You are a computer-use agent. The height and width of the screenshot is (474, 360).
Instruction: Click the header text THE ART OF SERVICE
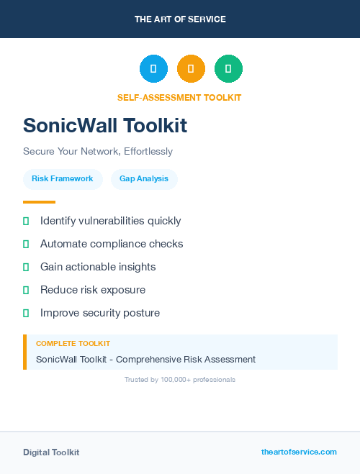(x=180, y=19)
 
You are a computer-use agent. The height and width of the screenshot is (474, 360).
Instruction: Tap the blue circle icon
(x=153, y=69)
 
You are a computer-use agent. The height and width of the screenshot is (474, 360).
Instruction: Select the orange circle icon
(x=191, y=69)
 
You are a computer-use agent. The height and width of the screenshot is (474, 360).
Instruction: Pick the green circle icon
(x=228, y=69)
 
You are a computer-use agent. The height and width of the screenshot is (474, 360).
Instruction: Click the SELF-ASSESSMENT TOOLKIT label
(x=179, y=98)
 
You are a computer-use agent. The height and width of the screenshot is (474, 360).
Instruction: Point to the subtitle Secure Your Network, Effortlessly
(x=98, y=152)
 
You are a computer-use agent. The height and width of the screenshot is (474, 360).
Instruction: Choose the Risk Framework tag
(x=63, y=179)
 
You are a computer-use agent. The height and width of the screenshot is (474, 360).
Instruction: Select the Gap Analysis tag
(x=144, y=179)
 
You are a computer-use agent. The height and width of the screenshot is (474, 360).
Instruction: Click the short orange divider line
(x=39, y=202)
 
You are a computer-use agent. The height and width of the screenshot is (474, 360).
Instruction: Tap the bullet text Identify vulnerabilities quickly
(x=111, y=221)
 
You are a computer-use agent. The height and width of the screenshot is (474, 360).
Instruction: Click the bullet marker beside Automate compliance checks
(x=26, y=245)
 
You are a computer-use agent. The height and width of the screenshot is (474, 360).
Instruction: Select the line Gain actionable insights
(x=98, y=267)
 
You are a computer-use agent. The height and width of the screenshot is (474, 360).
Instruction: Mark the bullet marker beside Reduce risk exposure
(x=26, y=291)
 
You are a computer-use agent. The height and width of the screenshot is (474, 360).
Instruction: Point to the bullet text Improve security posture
(x=100, y=313)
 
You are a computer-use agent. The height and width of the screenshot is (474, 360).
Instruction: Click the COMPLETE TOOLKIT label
(x=73, y=344)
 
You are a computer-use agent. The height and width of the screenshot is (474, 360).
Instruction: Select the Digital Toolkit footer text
(x=51, y=452)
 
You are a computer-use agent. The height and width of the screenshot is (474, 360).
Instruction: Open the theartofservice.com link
(x=299, y=452)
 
